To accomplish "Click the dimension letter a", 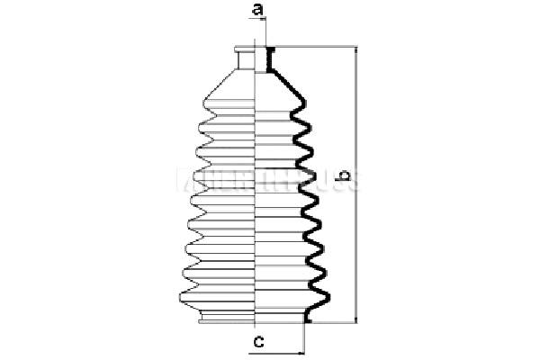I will pos(257,11).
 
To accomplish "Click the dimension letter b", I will pos(343,186).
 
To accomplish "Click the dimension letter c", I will pos(257,341).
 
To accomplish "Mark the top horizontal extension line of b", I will pos(315,46).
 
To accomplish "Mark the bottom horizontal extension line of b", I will pos(333,321).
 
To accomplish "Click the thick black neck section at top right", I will pos(268,59).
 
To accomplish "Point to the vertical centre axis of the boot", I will pos(258,180).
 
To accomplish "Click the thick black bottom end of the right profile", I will pos(309,317).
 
